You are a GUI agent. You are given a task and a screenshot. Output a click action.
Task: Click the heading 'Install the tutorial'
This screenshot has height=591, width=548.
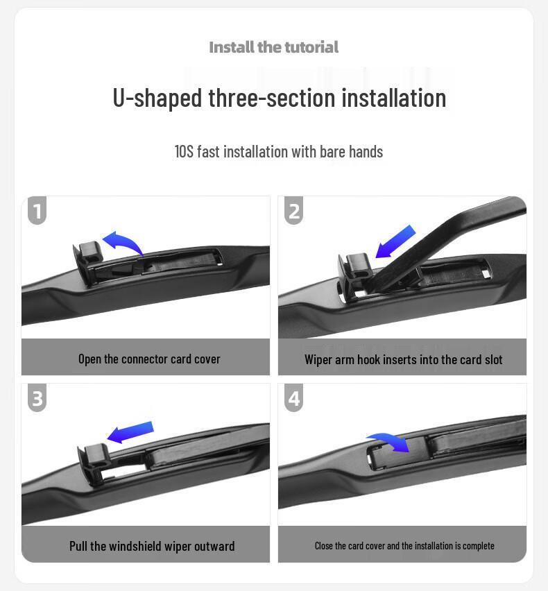point(273,47)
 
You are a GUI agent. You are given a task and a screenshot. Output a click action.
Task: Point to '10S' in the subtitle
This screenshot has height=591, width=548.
point(184,151)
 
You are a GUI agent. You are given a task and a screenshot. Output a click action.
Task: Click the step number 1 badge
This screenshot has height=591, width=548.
point(37,209)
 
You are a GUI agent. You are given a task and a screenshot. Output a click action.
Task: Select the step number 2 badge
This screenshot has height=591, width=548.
point(294,209)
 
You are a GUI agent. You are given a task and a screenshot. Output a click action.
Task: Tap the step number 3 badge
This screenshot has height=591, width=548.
point(37,398)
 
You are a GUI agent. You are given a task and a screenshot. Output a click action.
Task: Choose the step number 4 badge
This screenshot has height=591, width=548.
point(294,398)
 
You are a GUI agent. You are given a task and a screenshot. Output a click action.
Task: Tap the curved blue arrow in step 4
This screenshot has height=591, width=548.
point(388,441)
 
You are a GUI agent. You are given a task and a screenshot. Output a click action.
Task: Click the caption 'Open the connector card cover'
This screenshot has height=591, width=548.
point(149,359)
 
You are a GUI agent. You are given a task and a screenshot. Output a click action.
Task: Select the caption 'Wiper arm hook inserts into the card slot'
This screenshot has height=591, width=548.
point(403,359)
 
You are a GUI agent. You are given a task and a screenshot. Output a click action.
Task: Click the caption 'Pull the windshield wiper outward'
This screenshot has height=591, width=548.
point(152,546)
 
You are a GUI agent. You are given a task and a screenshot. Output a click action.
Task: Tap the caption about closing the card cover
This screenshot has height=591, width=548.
point(404,546)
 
